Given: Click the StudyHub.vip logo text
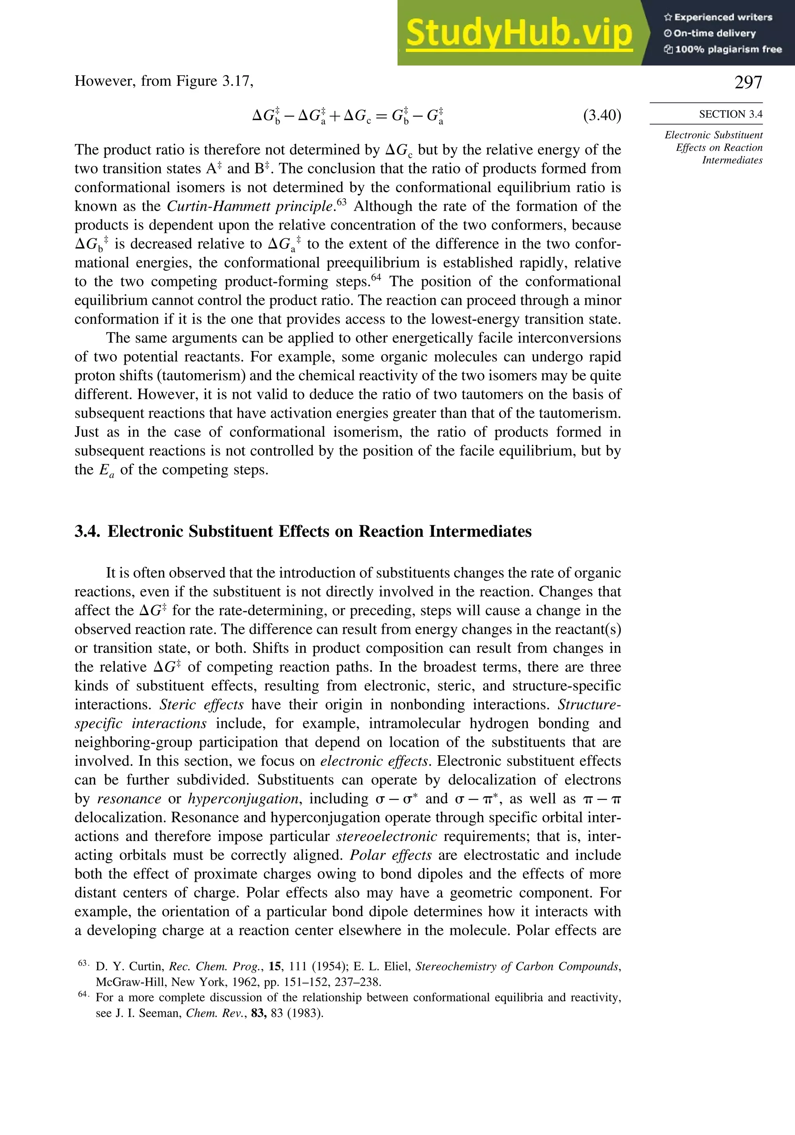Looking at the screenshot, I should point(519,33).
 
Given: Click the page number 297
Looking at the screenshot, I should point(748,82).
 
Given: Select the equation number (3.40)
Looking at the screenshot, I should point(602,115).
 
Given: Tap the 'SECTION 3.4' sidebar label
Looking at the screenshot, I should point(730,114).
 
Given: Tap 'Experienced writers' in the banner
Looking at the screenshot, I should point(723,17).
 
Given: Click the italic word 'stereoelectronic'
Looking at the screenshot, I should point(386,836).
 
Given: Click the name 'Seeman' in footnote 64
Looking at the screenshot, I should point(157,1013).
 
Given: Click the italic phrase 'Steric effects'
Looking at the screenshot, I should point(201,704).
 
